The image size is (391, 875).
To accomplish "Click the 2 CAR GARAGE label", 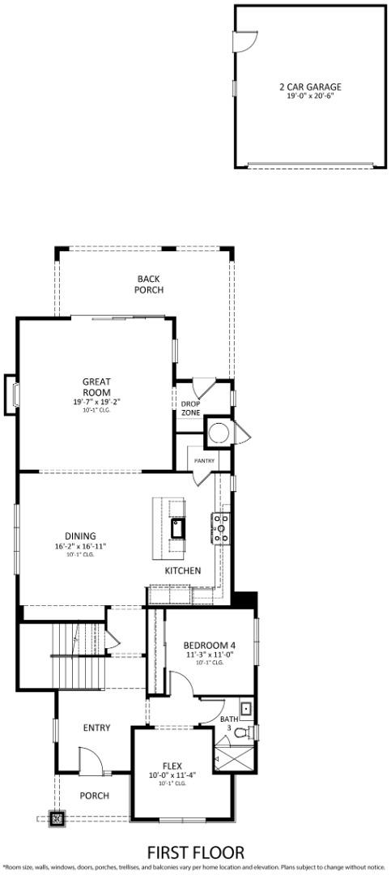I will (x=309, y=87).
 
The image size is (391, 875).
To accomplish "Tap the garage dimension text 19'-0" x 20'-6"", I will (x=309, y=96).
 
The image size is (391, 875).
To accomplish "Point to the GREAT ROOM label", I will (x=96, y=387).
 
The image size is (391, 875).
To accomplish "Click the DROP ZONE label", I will (x=190, y=408).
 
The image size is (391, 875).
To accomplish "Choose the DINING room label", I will (x=81, y=536).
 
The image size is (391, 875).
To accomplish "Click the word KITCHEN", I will (x=183, y=570).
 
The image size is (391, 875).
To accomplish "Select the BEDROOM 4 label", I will (x=210, y=645).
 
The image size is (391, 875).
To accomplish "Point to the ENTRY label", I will (x=97, y=728).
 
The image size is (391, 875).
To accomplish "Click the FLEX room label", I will (x=172, y=764).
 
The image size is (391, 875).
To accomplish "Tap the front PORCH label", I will (x=94, y=796).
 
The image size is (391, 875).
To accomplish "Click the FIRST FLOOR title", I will (x=195, y=852).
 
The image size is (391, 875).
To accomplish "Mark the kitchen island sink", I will (x=177, y=531).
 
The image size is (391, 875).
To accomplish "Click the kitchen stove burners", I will (x=222, y=529).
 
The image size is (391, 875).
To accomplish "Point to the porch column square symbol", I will (x=57, y=818).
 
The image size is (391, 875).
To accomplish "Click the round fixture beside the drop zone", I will (x=217, y=431).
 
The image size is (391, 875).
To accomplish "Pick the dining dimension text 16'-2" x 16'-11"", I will (x=81, y=546).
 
